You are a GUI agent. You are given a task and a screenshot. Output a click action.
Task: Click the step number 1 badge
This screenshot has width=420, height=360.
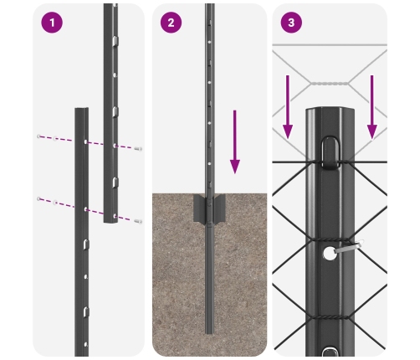pos(52,23)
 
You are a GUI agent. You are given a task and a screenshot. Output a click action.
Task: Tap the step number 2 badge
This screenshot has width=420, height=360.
pos(172,23)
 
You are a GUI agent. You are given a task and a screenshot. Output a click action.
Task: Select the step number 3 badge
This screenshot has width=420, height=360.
pos(292,23)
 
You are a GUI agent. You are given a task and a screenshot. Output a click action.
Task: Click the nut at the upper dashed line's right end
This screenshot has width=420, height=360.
pos(138,148)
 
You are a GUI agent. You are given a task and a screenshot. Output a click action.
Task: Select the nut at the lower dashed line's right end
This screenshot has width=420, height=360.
pos(138,222)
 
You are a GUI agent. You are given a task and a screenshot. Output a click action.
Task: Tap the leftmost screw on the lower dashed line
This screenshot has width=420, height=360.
pos(38,199)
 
